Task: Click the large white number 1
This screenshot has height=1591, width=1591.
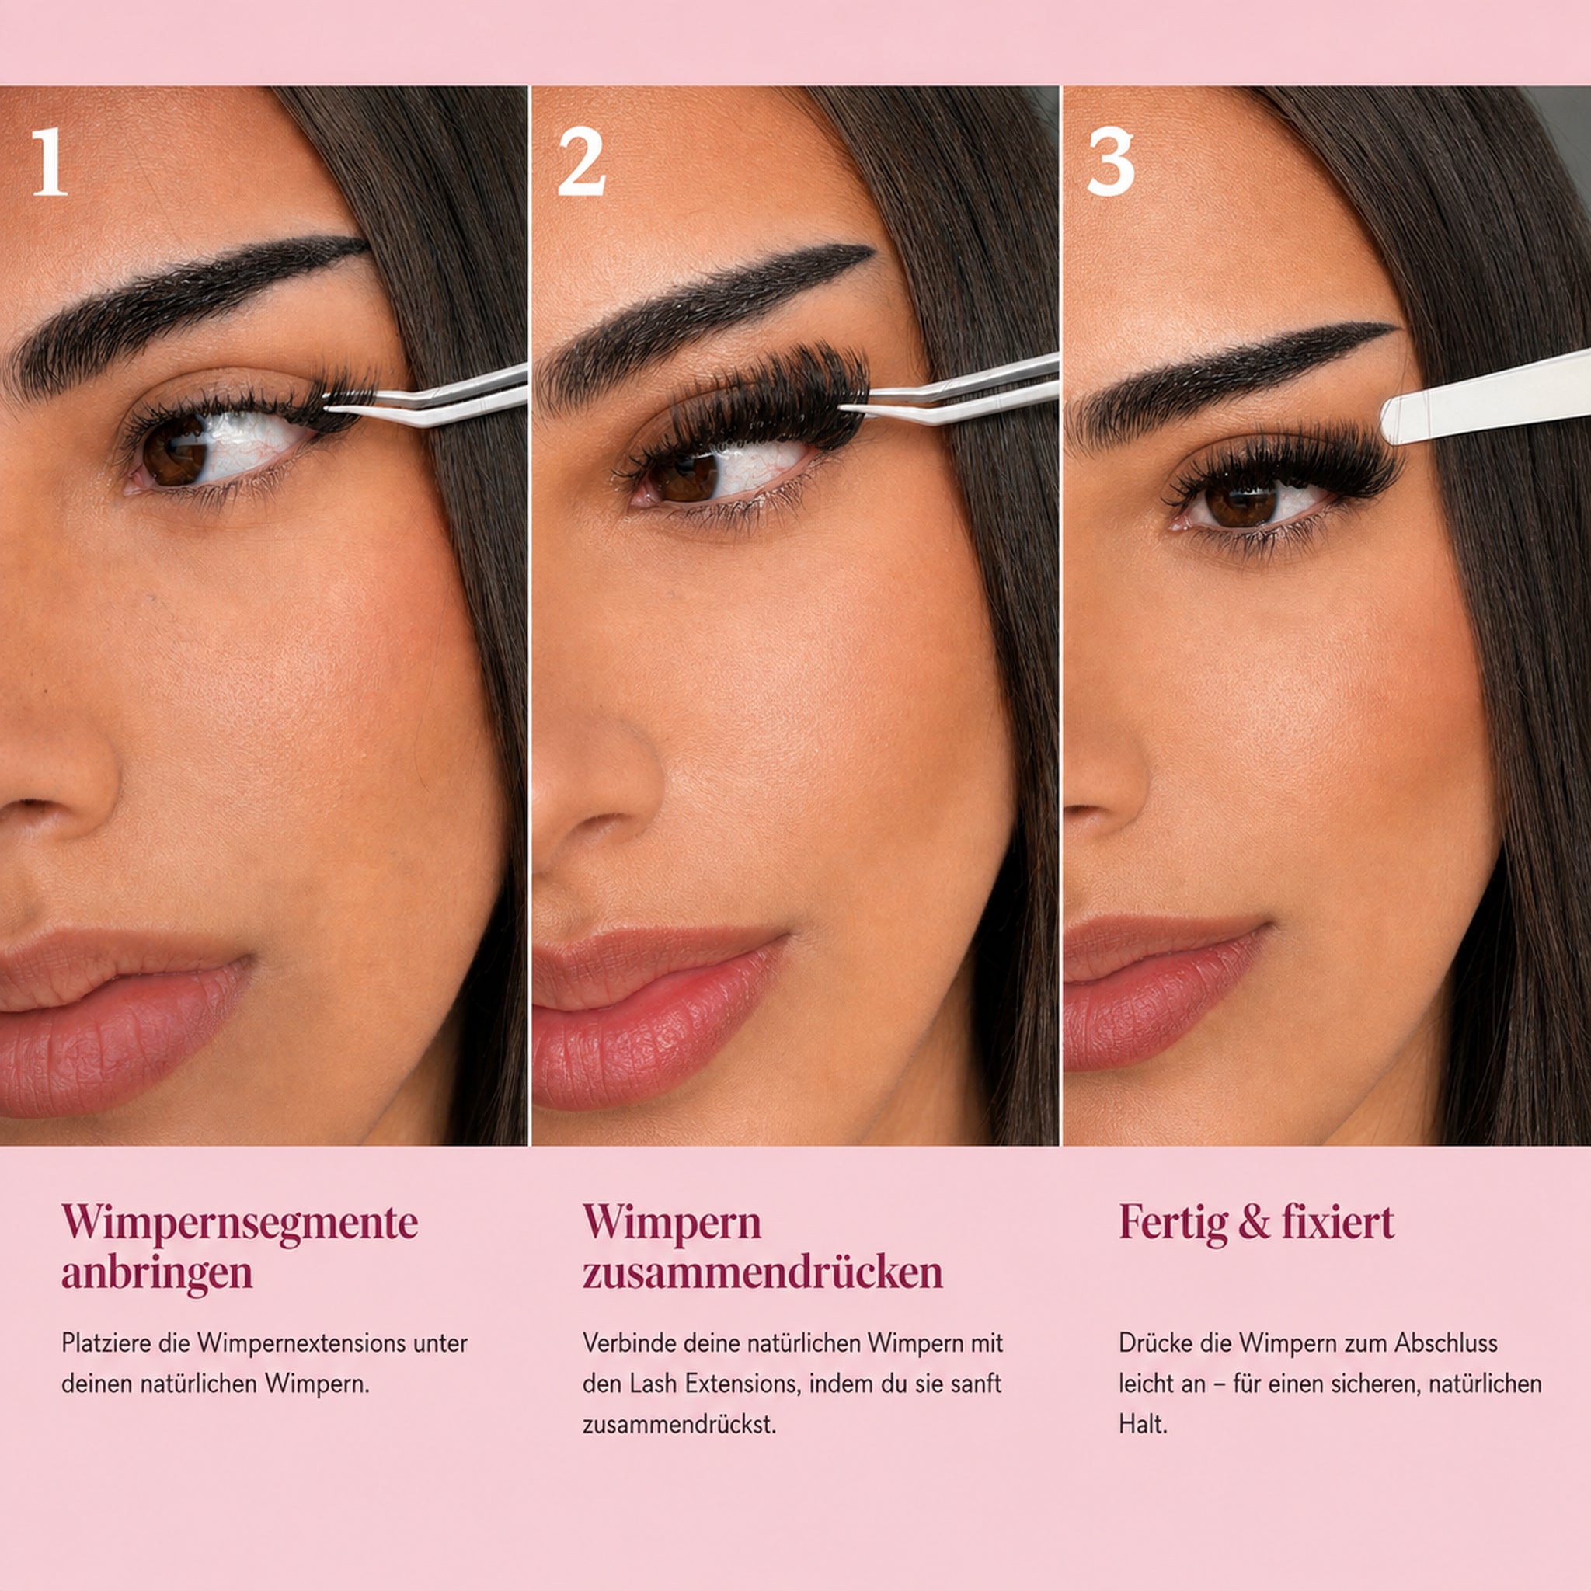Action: pos(50,163)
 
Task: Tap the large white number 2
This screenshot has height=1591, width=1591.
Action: pos(580,163)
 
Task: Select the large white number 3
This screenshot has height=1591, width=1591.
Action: pos(1110,163)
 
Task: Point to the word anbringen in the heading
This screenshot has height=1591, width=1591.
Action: pos(156,1273)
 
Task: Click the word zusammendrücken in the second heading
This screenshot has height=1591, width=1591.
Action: pos(763,1272)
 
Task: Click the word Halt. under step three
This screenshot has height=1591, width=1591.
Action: pos(1143,1425)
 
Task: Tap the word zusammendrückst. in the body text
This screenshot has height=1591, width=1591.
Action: pos(680,1425)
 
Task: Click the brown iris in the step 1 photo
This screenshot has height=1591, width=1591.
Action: pos(176,451)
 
